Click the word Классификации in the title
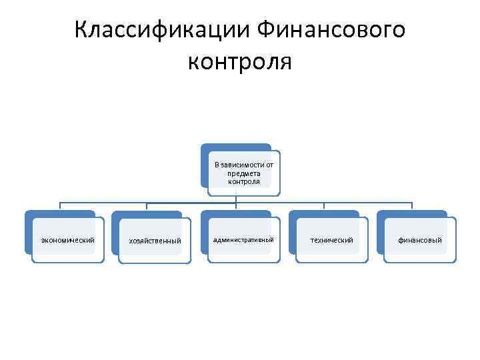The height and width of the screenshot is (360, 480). pyautogui.click(x=161, y=31)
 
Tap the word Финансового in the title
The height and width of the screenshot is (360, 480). pyautogui.click(x=331, y=31)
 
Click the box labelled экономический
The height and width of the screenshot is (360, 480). pyautogui.click(x=68, y=240)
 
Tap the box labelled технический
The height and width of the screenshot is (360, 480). pyautogui.click(x=331, y=240)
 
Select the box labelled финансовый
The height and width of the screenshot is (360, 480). pyautogui.click(x=420, y=240)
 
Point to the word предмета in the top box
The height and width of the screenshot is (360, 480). pyautogui.click(x=243, y=173)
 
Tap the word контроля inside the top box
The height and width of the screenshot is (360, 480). pyautogui.click(x=243, y=181)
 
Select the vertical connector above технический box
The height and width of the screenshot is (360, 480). pyautogui.click(x=324, y=207)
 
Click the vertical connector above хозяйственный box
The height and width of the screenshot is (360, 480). pyautogui.click(x=147, y=207)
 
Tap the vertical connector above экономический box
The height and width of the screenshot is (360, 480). pyautogui.click(x=61, y=207)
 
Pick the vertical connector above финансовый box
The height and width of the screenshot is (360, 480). pyautogui.click(x=412, y=207)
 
